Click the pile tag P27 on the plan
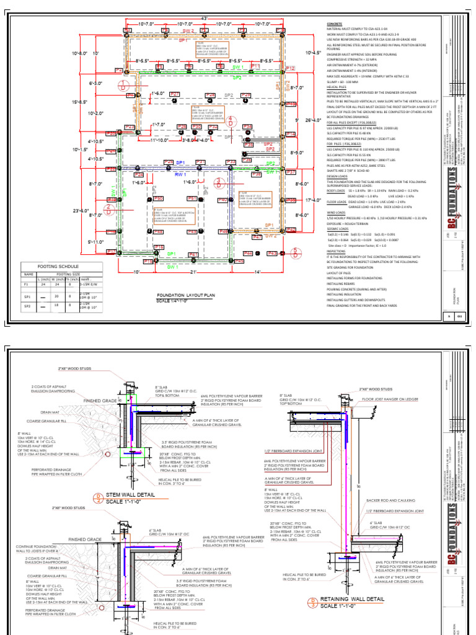pos(175,94)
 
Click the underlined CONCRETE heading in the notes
pos(335,23)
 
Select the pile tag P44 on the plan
pos(248,254)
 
